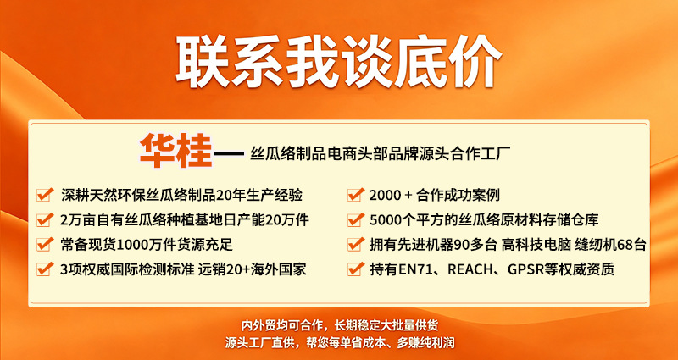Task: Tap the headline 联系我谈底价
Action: coord(338,61)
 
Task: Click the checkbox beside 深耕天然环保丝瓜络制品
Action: coord(45,196)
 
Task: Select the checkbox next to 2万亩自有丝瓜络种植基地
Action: coord(45,220)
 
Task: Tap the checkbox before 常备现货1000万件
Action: coord(45,245)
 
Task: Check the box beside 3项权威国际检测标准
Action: coord(45,269)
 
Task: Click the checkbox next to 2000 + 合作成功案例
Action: coord(354,196)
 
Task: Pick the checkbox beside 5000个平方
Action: coord(354,220)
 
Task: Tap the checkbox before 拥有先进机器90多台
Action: coord(354,245)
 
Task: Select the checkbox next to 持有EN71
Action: coord(354,269)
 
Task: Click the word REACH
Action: coord(470,269)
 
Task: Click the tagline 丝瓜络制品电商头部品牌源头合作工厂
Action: coord(381,154)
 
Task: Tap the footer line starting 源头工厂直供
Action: coord(340,343)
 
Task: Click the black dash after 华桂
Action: coord(229,154)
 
